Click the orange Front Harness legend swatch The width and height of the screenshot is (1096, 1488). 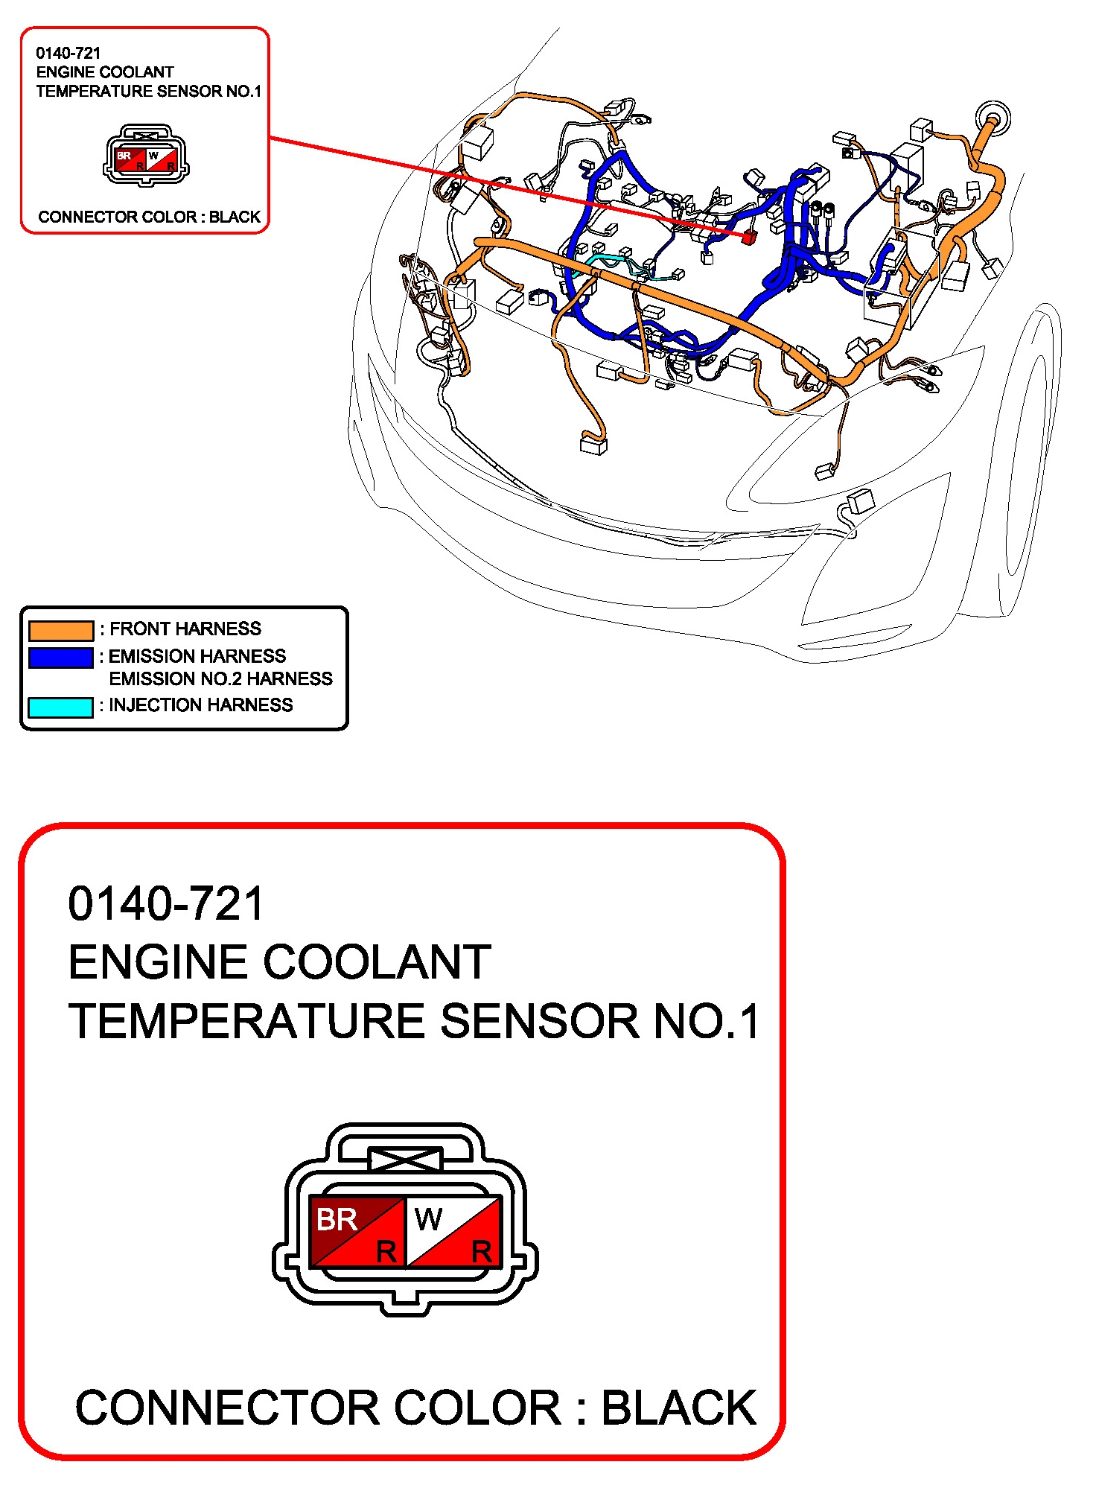click(61, 630)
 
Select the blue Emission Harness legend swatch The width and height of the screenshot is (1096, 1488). click(61, 658)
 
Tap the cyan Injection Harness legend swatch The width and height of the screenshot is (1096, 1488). click(60, 707)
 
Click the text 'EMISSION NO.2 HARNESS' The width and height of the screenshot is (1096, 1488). click(220, 678)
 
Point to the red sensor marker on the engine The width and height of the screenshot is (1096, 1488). click(749, 237)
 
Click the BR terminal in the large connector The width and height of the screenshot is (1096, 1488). click(357, 1231)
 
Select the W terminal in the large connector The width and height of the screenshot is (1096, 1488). click(453, 1231)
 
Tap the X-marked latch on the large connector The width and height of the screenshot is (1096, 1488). click(406, 1159)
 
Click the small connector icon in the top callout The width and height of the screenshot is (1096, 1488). click(146, 156)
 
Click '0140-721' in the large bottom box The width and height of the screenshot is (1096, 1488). click(166, 903)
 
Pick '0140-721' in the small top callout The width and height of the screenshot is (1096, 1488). click(68, 53)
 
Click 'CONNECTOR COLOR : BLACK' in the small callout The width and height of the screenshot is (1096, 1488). click(150, 217)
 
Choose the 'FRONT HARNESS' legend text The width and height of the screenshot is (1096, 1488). click(185, 629)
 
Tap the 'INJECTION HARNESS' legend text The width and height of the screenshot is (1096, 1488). click(201, 705)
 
